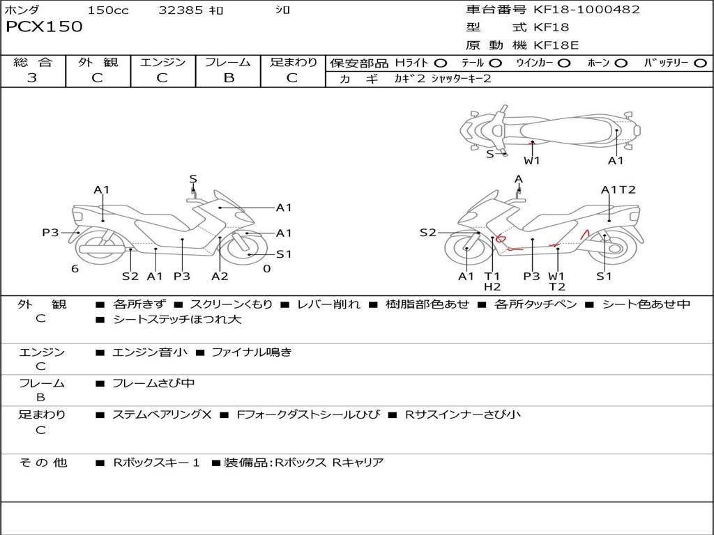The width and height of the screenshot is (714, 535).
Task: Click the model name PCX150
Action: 44,27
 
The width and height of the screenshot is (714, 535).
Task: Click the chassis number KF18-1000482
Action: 586,10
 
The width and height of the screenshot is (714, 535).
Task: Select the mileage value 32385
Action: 181,10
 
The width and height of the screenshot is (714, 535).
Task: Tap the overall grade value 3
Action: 32,78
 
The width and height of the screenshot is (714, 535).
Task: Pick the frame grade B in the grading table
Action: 228,78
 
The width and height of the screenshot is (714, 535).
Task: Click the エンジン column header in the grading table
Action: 163,63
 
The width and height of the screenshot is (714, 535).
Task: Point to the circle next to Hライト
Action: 441,63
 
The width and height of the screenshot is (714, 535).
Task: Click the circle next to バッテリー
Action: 700,63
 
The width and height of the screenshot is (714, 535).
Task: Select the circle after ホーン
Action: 621,63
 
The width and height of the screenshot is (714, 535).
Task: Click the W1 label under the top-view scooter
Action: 532,161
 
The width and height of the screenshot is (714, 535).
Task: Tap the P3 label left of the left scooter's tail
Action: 50,233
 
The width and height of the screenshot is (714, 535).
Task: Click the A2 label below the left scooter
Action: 220,276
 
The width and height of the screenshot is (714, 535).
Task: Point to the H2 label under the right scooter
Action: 492,286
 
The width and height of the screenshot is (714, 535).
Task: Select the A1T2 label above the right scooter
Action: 618,189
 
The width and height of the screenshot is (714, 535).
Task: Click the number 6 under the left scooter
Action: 75,269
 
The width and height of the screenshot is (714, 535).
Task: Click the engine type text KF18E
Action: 556,45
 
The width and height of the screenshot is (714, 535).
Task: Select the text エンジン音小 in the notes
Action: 149,352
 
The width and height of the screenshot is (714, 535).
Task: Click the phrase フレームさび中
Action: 153,384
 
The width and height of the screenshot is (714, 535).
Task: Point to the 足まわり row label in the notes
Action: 42,415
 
